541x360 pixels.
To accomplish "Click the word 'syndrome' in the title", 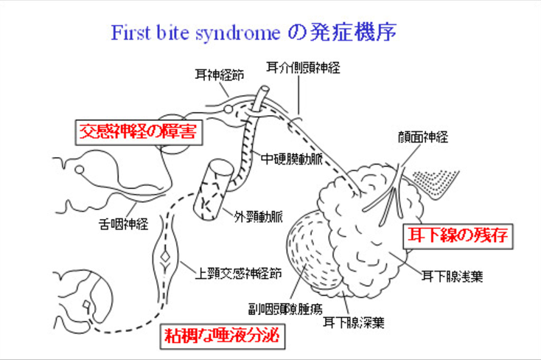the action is (241, 33).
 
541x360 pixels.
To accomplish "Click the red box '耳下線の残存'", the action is (457, 236).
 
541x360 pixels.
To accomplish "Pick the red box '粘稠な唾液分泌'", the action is (221, 337).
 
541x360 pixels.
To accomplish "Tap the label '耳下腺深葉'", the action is (353, 322).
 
